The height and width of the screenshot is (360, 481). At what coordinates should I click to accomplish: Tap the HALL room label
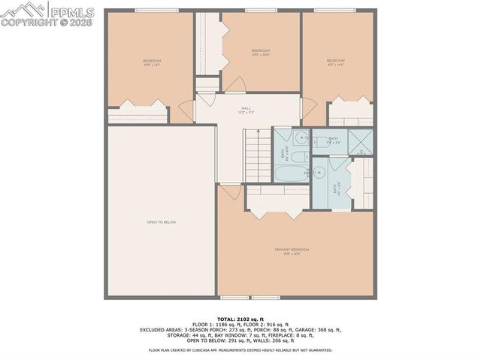click(x=246, y=108)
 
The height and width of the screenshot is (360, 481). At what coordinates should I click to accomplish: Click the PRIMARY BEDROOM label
click(x=292, y=250)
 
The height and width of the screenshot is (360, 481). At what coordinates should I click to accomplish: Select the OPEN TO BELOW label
click(x=161, y=222)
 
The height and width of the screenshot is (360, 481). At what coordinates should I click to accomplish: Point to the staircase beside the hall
click(x=255, y=154)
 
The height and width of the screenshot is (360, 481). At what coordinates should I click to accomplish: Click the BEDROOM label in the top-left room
click(x=152, y=61)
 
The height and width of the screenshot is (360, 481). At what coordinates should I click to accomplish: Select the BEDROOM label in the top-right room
click(x=335, y=61)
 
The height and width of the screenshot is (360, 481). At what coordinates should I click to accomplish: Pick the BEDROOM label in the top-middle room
click(x=260, y=50)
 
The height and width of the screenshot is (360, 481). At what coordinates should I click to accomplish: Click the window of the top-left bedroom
click(x=152, y=10)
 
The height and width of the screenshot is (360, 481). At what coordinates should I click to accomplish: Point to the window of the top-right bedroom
click(x=335, y=10)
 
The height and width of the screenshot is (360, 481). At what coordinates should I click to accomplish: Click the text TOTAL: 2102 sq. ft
click(x=240, y=319)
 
